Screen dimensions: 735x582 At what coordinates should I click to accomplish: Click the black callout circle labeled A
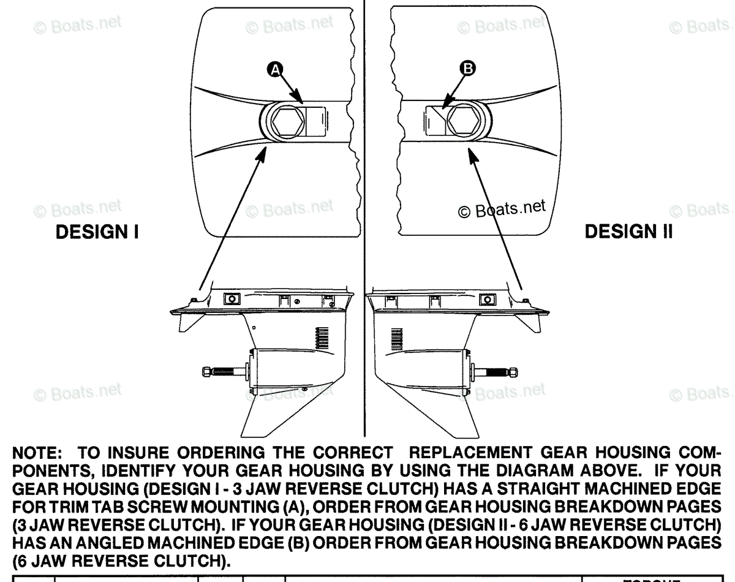click(275, 71)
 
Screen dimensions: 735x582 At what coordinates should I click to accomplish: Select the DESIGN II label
click(628, 232)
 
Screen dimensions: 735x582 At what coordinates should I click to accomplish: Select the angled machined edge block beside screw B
click(436, 122)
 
